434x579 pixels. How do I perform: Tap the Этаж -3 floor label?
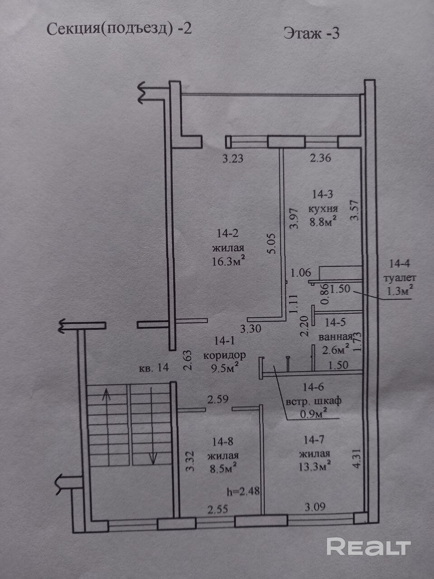[311, 33]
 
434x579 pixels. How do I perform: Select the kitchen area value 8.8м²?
[323, 222]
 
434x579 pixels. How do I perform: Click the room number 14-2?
[228, 234]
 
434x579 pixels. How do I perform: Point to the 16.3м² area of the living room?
[228, 261]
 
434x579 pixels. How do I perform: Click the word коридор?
[225, 355]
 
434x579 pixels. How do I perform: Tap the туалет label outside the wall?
[399, 278]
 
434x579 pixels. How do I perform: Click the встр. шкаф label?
[314, 401]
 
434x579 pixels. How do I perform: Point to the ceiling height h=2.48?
[243, 490]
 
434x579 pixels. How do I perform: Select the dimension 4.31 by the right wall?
[357, 458]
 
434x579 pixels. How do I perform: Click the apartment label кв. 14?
[154, 367]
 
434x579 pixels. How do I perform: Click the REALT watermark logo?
[368, 547]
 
